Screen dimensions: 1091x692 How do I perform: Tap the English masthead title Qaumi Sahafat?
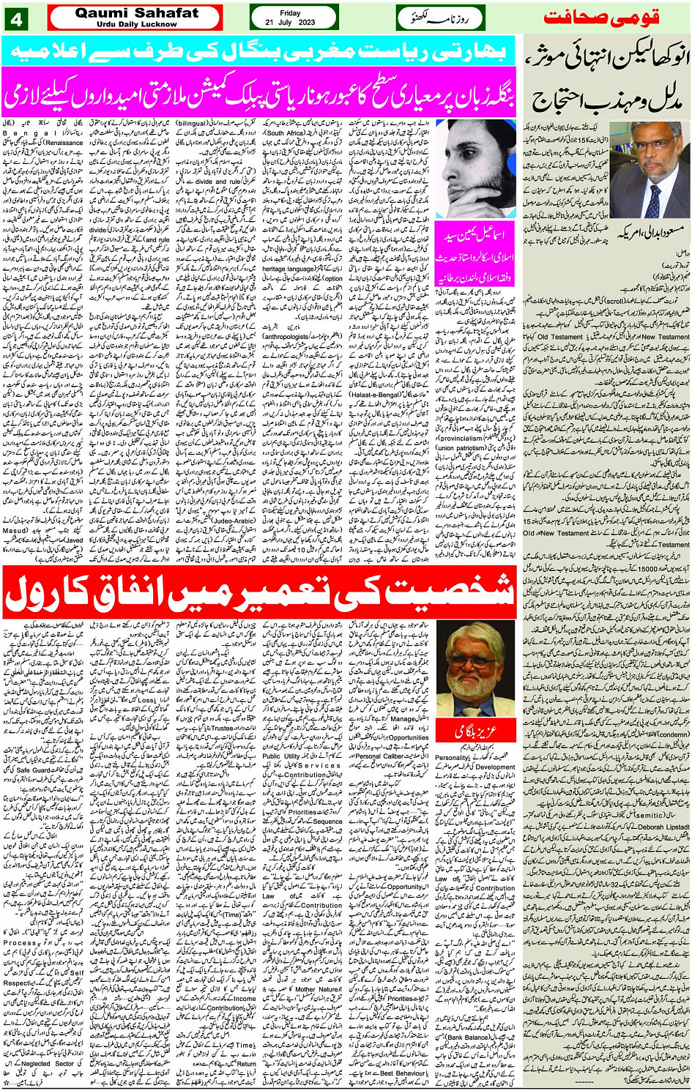136,13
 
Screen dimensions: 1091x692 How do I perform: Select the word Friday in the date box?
290,13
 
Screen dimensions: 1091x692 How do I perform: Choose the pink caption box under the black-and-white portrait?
475,256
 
